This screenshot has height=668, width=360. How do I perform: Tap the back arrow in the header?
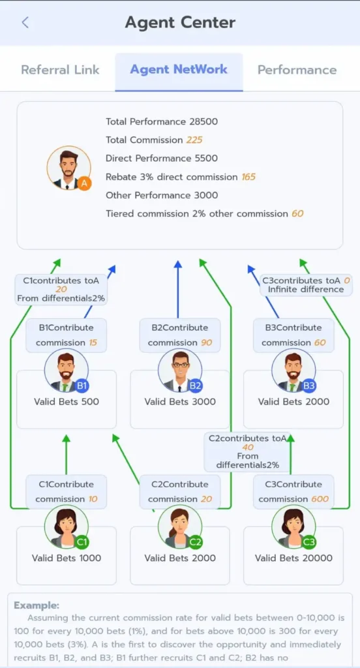(25, 23)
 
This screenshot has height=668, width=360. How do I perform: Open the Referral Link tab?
(60, 70)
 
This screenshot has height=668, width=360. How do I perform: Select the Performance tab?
(297, 70)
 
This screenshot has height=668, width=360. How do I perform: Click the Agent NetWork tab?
(179, 69)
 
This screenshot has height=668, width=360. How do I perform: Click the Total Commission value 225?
(194, 140)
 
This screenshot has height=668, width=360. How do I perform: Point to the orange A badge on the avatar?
(84, 183)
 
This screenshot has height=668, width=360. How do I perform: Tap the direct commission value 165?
(248, 177)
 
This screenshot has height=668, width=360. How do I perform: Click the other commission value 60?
(297, 213)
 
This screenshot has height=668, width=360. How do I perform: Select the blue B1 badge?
(82, 386)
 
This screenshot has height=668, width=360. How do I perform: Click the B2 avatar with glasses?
(180, 371)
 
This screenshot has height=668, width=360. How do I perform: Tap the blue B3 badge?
(309, 386)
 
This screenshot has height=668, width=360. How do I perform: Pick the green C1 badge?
(82, 542)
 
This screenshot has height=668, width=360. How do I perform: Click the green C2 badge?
(195, 542)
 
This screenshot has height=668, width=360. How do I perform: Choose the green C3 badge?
(309, 542)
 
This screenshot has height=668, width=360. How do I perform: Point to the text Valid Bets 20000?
(294, 558)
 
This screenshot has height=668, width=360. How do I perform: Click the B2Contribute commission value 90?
(206, 342)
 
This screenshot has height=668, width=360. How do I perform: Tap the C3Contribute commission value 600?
(320, 499)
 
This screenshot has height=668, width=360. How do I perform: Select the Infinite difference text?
(306, 289)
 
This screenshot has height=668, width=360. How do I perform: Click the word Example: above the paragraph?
(37, 605)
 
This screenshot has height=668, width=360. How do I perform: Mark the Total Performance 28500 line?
(162, 122)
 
